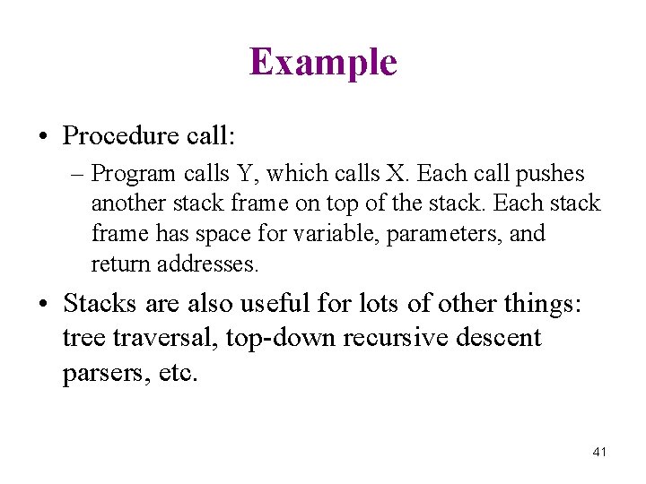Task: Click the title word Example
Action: (323, 63)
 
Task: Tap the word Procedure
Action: (122, 135)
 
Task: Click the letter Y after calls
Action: (247, 173)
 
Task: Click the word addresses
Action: (208, 264)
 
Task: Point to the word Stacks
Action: (100, 304)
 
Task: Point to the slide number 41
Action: (599, 452)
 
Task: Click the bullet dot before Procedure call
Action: (43, 136)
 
